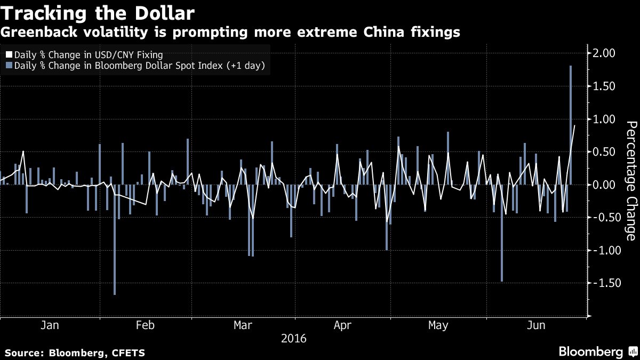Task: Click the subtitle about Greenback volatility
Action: click(230, 33)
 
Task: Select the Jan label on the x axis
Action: click(49, 325)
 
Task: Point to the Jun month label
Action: click(535, 325)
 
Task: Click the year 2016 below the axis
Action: click(294, 338)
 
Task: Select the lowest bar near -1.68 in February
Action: click(115, 240)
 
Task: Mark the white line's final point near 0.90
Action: click(574, 126)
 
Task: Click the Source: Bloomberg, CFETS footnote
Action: click(75, 353)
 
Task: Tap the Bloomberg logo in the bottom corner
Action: click(597, 352)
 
